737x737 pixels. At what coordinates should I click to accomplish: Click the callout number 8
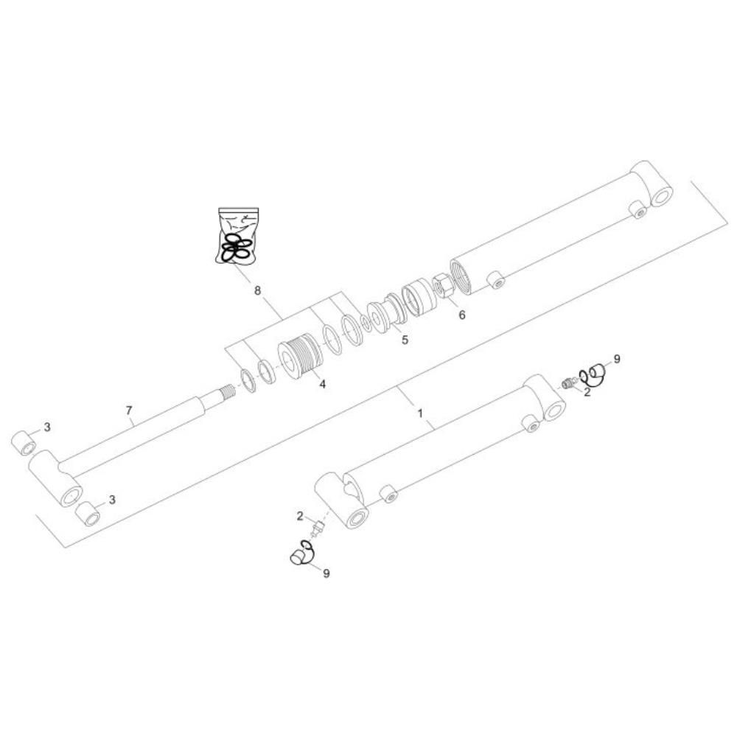[257, 290]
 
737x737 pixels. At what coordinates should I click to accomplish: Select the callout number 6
[462, 315]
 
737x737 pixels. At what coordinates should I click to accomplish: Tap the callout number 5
[405, 339]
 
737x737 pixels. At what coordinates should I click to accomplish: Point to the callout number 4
[323, 384]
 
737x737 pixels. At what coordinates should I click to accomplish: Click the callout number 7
[129, 411]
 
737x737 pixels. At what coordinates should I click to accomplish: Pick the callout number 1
[421, 413]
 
